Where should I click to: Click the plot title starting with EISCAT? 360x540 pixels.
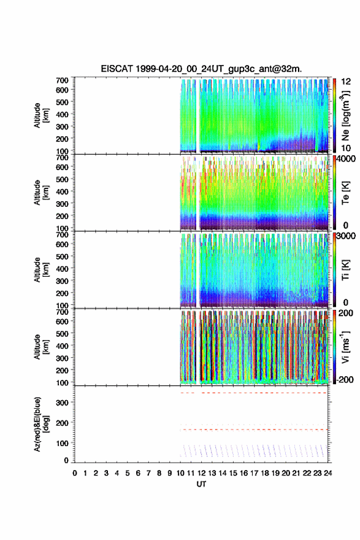(x=201, y=69)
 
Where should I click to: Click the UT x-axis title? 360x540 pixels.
(x=201, y=484)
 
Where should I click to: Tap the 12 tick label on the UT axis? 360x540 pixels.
(x=201, y=473)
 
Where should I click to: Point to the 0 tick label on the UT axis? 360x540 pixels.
(x=75, y=473)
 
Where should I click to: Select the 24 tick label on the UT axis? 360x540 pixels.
(x=327, y=473)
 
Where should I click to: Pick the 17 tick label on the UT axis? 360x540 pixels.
(x=254, y=473)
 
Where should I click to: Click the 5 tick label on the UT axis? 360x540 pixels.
(x=128, y=473)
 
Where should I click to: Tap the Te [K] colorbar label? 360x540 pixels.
(x=345, y=193)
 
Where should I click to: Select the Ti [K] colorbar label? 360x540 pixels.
(x=345, y=269)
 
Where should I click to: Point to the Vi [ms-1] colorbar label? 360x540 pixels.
(x=345, y=347)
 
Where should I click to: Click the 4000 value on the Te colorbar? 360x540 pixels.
(x=346, y=159)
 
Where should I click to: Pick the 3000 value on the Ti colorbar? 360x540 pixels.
(x=346, y=236)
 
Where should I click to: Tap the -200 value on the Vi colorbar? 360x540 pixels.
(x=344, y=379)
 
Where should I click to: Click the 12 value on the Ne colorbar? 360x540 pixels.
(x=346, y=82)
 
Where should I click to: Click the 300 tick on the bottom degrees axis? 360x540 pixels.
(x=63, y=403)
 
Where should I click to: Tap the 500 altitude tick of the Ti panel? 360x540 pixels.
(x=63, y=256)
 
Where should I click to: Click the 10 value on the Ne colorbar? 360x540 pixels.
(x=346, y=148)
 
